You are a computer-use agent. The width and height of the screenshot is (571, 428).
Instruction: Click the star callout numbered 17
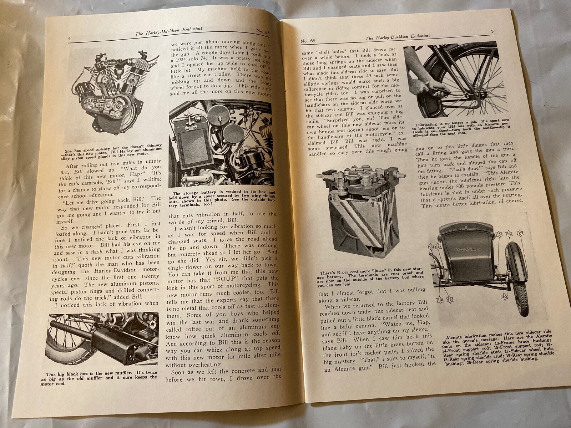[520, 234]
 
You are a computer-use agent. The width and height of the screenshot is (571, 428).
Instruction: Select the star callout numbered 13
[431, 247]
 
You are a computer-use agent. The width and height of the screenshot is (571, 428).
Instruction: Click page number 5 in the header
[492, 31]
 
